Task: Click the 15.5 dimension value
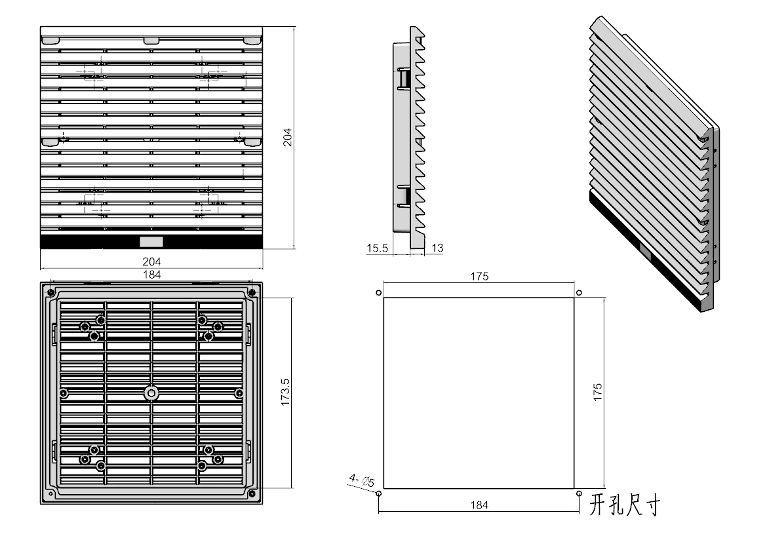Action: (378, 248)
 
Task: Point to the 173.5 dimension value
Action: (285, 392)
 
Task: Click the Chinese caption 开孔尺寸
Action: (624, 505)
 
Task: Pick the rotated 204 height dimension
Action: (286, 137)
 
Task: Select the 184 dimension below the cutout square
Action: (479, 505)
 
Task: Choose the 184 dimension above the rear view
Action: (151, 274)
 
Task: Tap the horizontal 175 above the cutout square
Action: (479, 277)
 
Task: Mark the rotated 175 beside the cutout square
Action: (597, 392)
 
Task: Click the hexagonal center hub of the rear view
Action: (151, 392)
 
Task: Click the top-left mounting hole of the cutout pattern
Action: (378, 292)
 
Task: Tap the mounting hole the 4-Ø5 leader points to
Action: (378, 493)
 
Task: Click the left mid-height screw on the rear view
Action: (64, 392)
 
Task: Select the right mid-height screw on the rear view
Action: (239, 392)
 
